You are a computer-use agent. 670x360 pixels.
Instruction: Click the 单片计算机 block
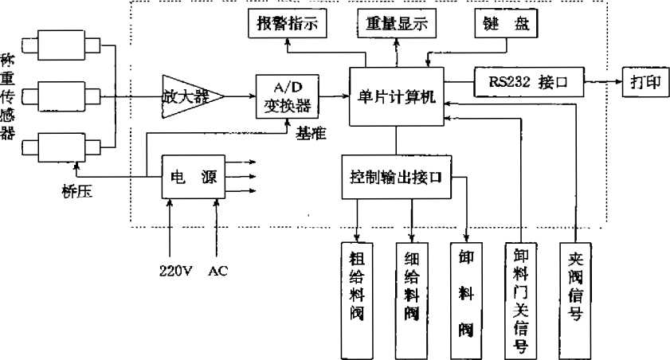coord(397,96)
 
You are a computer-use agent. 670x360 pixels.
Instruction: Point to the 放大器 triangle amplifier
coord(188,96)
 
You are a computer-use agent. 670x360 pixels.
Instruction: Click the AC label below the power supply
coord(217,271)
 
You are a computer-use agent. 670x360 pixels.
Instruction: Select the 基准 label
coord(311,134)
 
